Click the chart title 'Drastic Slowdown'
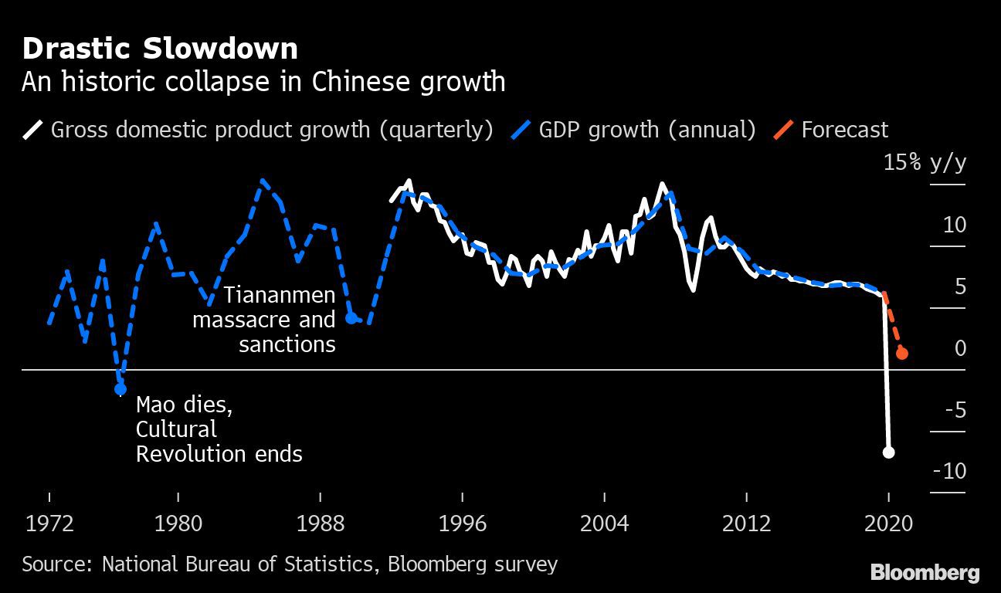coord(159,49)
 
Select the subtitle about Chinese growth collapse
coord(263,81)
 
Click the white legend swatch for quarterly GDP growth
coord(33,129)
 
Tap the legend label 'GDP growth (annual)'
coord(646,129)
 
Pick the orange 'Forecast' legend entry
coord(844,129)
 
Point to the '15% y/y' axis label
coord(925,164)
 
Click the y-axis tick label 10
coord(954,225)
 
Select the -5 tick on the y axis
coord(954,409)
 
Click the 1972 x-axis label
coord(50,524)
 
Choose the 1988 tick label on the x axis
coord(320,524)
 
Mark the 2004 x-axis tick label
coord(604,524)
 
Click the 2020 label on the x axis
coord(888,524)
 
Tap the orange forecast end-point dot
coord(901,354)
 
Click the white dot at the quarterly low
coord(888,452)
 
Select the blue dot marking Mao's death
coord(120,389)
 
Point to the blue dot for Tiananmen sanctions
coord(351,318)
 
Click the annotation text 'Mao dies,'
coord(184,405)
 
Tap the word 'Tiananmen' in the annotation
coord(280,295)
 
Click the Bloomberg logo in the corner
coord(925,572)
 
